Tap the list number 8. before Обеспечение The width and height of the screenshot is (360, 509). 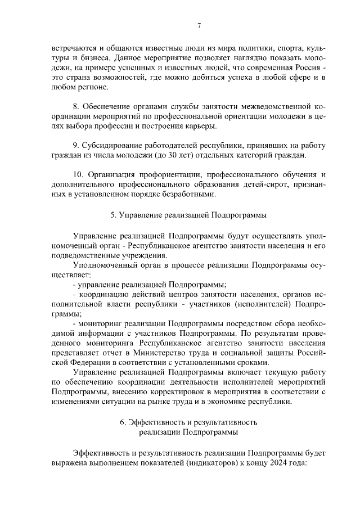pos(77,106)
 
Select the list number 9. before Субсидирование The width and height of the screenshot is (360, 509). pos(77,145)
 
